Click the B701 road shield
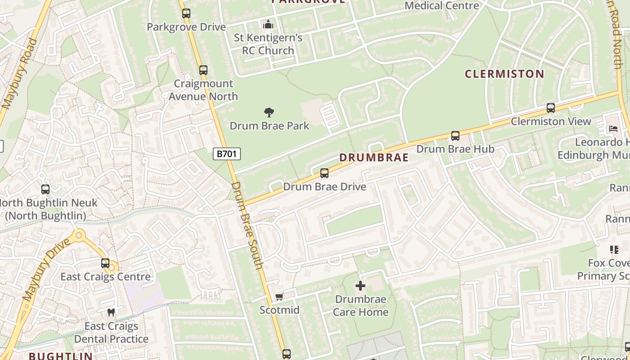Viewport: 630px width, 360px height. pos(226,154)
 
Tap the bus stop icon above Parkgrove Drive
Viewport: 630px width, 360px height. pos(186,13)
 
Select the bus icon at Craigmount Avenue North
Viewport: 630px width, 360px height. pos(203,70)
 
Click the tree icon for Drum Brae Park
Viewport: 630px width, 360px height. pos(269,112)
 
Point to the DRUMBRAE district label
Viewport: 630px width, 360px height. pos(373,157)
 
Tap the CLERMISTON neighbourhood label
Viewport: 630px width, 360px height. pos(504,74)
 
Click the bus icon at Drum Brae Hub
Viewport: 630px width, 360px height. pos(455,136)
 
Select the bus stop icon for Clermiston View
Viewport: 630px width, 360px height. pos(550,108)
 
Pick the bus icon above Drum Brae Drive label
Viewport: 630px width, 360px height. pos(324,173)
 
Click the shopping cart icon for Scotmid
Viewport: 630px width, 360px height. pos(279,297)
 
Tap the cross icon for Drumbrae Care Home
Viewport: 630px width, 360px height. pos(360,286)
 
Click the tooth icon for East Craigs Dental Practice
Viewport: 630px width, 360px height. pos(111,312)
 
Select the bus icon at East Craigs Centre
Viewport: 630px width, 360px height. pos(105,263)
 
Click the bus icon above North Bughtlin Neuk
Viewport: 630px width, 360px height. pos(45,189)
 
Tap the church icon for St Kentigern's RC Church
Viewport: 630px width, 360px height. pos(268,24)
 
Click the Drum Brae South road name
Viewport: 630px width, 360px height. pos(247,225)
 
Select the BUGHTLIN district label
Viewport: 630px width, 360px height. pos(61,356)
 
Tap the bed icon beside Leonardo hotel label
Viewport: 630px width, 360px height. pos(613,129)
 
